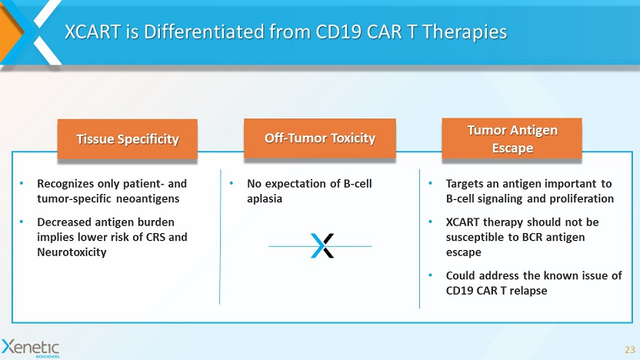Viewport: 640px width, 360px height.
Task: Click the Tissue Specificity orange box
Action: tap(128, 138)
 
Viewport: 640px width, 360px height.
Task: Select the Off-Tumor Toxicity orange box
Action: tap(319, 138)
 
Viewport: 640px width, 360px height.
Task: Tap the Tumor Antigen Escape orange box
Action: tap(512, 138)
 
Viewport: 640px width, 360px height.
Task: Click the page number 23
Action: tap(630, 350)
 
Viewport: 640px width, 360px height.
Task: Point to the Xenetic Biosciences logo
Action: tap(31, 348)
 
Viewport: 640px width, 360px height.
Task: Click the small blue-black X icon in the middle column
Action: tap(322, 245)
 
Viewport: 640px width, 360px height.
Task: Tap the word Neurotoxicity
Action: tap(72, 252)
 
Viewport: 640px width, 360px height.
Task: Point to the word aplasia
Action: tap(265, 199)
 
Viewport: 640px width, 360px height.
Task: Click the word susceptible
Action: tap(472, 238)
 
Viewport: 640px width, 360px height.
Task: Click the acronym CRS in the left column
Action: tap(155, 237)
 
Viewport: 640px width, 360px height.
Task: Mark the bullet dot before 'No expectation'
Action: tap(232, 183)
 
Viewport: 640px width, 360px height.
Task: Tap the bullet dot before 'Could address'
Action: tap(430, 275)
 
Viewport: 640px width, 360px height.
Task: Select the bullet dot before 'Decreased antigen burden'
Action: tap(22, 222)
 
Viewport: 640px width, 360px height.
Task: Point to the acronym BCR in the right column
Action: tap(532, 237)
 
